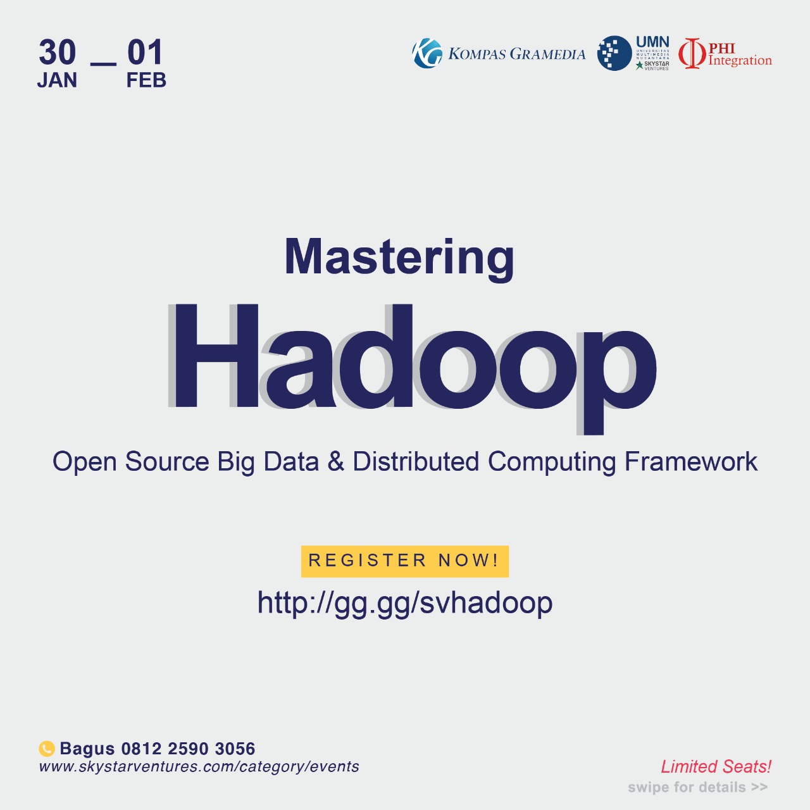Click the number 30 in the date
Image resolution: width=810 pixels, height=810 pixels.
pos(57,52)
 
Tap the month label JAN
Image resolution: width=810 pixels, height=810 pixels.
pos(57,80)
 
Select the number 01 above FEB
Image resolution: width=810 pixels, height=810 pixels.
pos(145,52)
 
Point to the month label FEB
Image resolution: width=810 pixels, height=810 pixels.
pos(146,80)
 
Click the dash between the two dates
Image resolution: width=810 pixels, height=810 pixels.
pos(103,64)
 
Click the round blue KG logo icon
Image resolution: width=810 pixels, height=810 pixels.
pos(427,53)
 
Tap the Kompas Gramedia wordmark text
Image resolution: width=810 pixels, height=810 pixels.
pos(516,54)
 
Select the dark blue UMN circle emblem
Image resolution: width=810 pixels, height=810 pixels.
pos(614,53)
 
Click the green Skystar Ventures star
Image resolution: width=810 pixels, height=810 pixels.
pos(639,65)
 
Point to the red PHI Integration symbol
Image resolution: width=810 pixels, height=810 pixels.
pos(692,53)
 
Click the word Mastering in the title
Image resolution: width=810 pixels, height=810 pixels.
pos(399,258)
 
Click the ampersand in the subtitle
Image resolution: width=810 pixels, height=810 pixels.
pos(335,461)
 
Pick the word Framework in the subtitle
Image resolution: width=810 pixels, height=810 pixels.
pos(690,461)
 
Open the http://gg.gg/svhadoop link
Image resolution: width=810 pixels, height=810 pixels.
pos(405,603)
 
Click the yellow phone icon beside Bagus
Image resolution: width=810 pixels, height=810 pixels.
pos(47,749)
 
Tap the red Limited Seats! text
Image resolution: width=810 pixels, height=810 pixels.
pos(716,767)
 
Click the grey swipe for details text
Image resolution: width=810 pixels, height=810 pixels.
pos(698,787)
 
